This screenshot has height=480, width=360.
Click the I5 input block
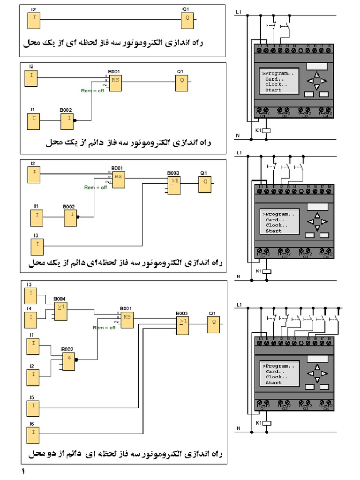pyautogui.click(x=32, y=405)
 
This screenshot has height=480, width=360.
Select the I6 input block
pyautogui.click(x=32, y=432)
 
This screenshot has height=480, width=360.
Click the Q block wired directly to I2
pyautogui.click(x=187, y=19)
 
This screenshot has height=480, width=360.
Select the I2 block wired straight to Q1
pyautogui.click(x=33, y=20)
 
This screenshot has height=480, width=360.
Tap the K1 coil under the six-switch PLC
pyautogui.click(x=266, y=423)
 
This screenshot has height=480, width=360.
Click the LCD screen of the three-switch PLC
pyautogui.click(x=279, y=222)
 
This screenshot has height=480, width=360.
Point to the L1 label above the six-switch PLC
pyautogui.click(x=239, y=305)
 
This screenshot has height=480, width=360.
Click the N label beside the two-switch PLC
pyautogui.click(x=238, y=136)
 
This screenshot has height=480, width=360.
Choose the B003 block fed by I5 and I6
pyautogui.click(x=183, y=324)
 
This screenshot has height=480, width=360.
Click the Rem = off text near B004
pyautogui.click(x=104, y=328)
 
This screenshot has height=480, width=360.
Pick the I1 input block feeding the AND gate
pyautogui.click(x=32, y=347)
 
